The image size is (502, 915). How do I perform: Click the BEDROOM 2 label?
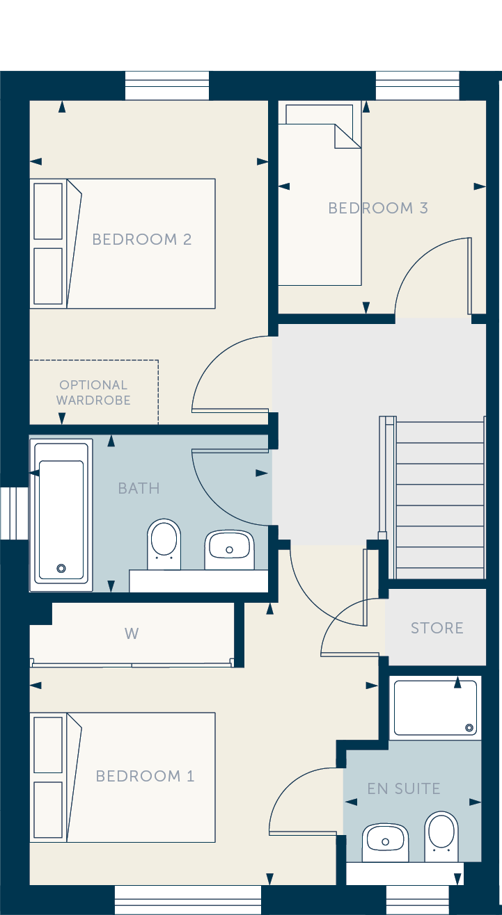tap(142, 239)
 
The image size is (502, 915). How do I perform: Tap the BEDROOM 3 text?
tap(378, 208)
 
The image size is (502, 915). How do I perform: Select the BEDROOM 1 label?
tap(145, 776)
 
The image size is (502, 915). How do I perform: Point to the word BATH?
tap(139, 488)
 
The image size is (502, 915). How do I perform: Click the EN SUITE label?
tap(404, 788)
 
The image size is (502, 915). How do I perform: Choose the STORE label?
tap(437, 628)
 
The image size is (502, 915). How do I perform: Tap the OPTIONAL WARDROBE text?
tap(94, 392)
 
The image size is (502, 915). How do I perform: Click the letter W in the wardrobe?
tap(132, 633)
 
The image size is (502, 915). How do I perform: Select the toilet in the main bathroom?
tap(164, 544)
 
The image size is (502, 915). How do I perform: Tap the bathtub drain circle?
tap(61, 568)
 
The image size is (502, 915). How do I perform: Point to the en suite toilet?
tap(441, 836)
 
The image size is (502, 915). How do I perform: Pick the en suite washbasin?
tap(385, 842)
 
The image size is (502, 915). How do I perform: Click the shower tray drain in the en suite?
tap(469, 727)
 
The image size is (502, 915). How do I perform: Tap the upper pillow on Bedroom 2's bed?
tap(48, 211)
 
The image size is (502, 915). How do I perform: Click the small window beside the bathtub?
tap(14, 513)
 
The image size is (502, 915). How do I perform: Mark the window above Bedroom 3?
tap(417, 86)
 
